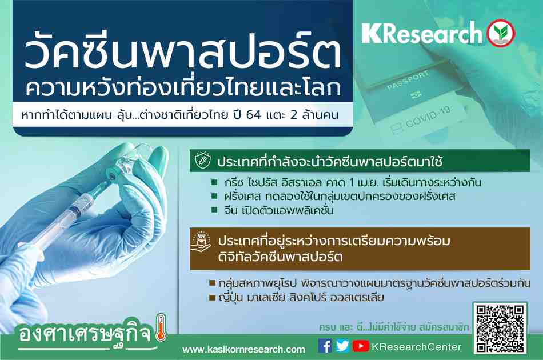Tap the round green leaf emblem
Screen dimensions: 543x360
click(501, 33)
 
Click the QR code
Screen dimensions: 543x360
click(500, 328)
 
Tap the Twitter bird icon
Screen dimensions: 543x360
click(342, 346)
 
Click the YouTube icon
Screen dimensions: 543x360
click(361, 346)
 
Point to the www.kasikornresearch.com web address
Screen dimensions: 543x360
click(244, 350)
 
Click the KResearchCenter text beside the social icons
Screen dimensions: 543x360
click(416, 347)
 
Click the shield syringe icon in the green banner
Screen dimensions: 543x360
click(202, 161)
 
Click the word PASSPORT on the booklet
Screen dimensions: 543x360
click(408, 81)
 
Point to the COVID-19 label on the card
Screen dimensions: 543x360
click(428, 117)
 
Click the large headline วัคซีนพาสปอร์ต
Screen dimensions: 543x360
click(183, 52)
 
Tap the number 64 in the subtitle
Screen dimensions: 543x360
click(253, 115)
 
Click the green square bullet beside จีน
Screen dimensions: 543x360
click(215, 210)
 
